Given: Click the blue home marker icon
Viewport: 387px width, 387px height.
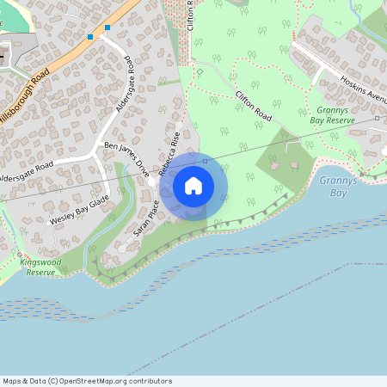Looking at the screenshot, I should tap(193, 186).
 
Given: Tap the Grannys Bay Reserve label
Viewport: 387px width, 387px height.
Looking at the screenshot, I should tap(335, 116).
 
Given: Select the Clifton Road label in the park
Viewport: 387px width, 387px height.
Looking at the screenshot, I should tap(255, 104).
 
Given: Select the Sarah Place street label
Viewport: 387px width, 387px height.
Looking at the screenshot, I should tap(147, 218).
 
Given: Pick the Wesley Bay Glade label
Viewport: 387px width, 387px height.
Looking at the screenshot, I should tap(79, 209).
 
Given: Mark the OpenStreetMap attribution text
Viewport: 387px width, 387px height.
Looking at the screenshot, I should tap(87, 381).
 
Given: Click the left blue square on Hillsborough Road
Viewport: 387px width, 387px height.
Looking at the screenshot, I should tap(90, 37).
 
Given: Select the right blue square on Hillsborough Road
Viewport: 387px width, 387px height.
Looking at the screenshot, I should tap(107, 28).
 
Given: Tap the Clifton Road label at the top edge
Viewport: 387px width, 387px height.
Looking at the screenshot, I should tap(191, 15).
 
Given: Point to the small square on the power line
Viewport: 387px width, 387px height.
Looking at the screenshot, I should tap(205, 160).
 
